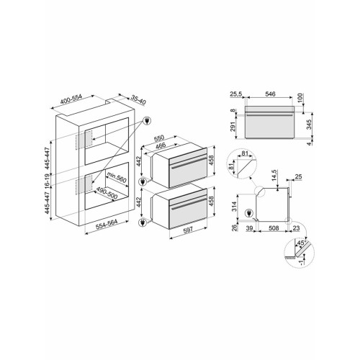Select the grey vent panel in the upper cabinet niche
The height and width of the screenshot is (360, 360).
tap(85, 138)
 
